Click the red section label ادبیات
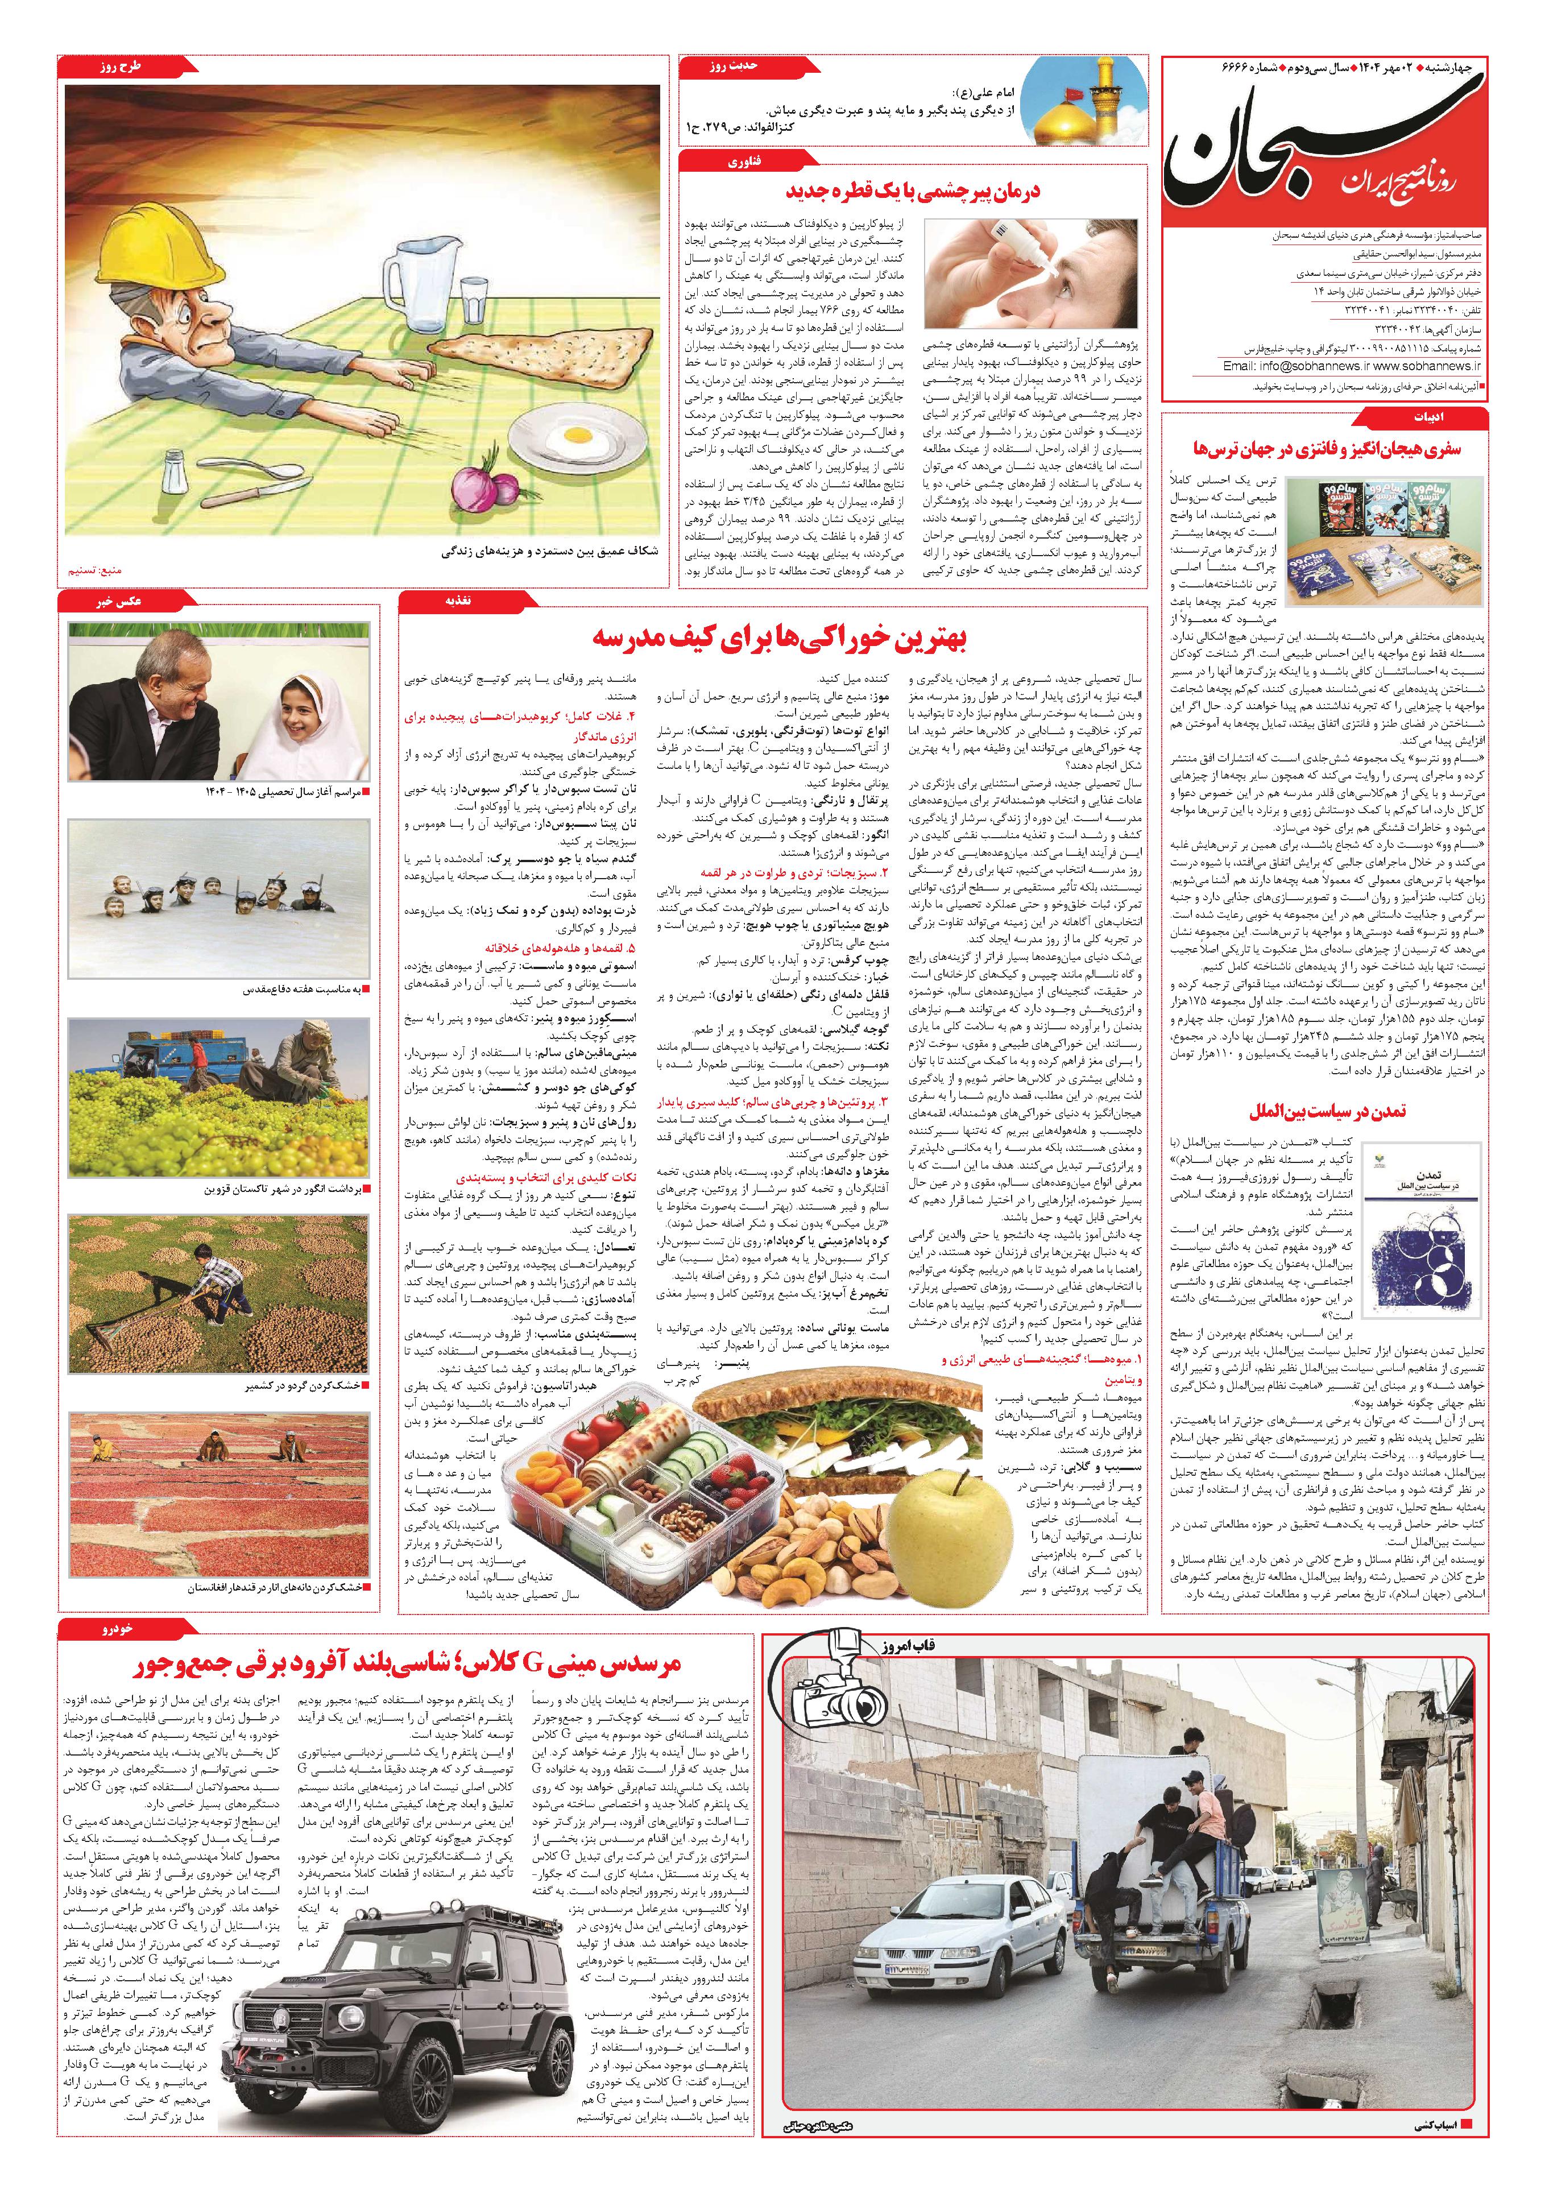1419,417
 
